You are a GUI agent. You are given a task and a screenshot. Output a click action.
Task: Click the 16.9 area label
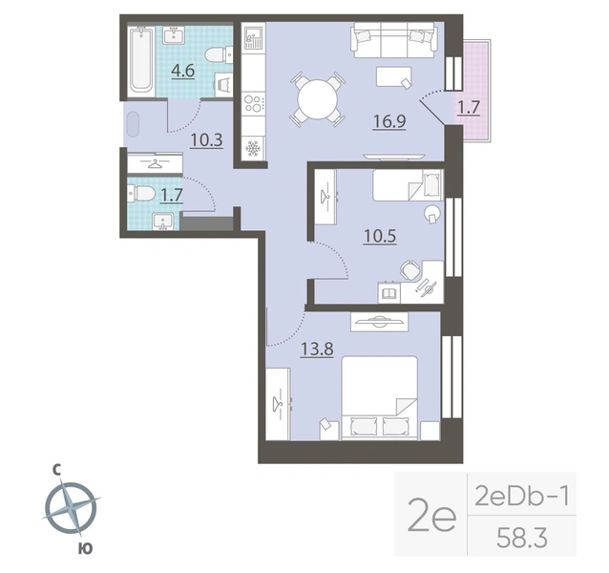tap(389, 121)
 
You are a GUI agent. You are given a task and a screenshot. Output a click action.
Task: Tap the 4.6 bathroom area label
tap(183, 71)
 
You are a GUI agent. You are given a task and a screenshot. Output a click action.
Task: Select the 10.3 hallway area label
tap(206, 140)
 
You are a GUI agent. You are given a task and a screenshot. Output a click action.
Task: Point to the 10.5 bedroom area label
tap(380, 236)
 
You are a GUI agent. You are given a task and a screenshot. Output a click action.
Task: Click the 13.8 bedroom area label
tap(317, 349)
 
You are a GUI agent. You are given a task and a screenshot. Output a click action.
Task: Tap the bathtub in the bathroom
tap(141, 59)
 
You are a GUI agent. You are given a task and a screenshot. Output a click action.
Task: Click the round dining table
tap(318, 99)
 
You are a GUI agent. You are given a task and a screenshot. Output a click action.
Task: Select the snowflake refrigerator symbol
tap(253, 148)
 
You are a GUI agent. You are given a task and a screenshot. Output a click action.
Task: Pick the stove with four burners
tap(253, 103)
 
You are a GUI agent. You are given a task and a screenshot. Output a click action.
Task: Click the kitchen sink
tap(253, 37)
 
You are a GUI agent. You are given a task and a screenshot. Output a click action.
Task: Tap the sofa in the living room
tap(393, 40)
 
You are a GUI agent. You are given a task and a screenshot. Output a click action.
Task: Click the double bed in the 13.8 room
tap(380, 398)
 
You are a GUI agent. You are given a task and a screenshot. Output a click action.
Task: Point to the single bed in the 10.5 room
tap(408, 184)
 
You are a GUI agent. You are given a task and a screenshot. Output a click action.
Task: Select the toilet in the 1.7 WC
tap(140, 194)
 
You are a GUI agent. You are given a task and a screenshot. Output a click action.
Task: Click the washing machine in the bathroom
tap(223, 84)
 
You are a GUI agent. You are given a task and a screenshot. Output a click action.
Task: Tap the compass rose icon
tap(71, 507)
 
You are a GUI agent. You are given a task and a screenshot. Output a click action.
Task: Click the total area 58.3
tap(521, 538)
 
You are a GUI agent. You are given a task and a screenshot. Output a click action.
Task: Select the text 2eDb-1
tap(521, 496)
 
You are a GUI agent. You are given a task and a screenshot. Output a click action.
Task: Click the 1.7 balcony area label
tap(469, 107)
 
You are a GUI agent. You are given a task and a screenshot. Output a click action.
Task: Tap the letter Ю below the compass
tap(86, 548)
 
